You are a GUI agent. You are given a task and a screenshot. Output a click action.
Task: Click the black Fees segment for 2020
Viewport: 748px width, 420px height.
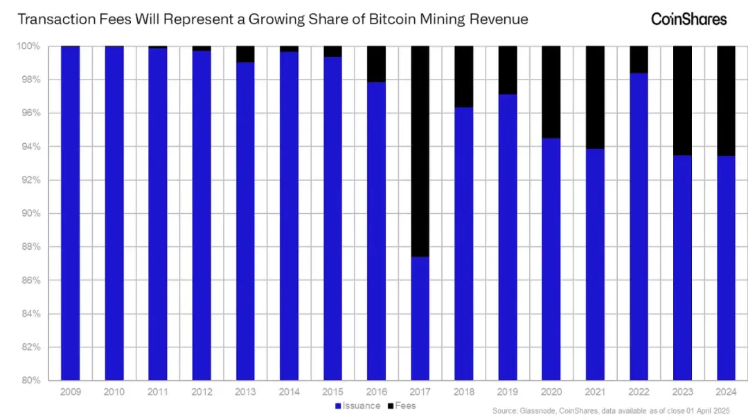(551, 92)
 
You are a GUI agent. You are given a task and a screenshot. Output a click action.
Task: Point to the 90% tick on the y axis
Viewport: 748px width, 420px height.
(32, 214)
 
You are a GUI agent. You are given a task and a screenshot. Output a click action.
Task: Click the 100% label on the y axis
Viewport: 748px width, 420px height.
(30, 46)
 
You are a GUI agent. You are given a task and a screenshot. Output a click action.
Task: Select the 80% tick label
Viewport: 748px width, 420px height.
(32, 381)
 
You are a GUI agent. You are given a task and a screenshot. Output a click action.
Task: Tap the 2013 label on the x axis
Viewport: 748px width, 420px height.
(245, 392)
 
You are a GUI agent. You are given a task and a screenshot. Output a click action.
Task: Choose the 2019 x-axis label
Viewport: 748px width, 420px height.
(508, 392)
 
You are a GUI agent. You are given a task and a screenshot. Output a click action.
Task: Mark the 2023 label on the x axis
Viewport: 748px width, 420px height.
(683, 392)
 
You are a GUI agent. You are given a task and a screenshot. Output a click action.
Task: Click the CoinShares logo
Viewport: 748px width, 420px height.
(688, 19)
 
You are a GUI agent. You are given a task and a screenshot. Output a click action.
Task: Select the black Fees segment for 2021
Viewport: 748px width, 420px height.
(595, 98)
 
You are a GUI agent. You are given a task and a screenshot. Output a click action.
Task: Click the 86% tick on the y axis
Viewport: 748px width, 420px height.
(32, 280)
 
